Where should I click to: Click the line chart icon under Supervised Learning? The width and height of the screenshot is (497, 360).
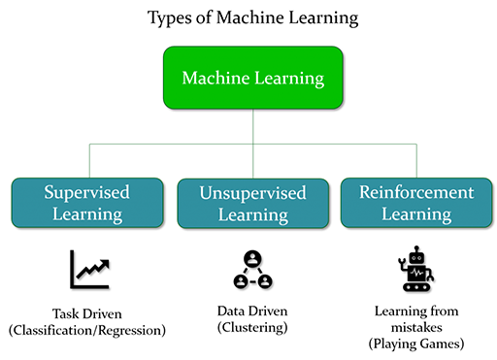pos(88,269)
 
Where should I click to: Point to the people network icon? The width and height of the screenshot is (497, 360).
pos(252,270)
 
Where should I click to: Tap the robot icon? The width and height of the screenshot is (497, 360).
pos(416,269)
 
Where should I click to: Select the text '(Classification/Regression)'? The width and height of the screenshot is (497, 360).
pos(86,331)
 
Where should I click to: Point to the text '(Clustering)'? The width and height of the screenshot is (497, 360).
pos(251,328)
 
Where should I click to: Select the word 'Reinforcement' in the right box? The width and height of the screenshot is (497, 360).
pos(416,190)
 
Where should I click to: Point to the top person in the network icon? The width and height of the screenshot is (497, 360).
pos(252,259)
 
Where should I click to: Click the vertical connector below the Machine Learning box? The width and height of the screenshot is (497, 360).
pos(252,126)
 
